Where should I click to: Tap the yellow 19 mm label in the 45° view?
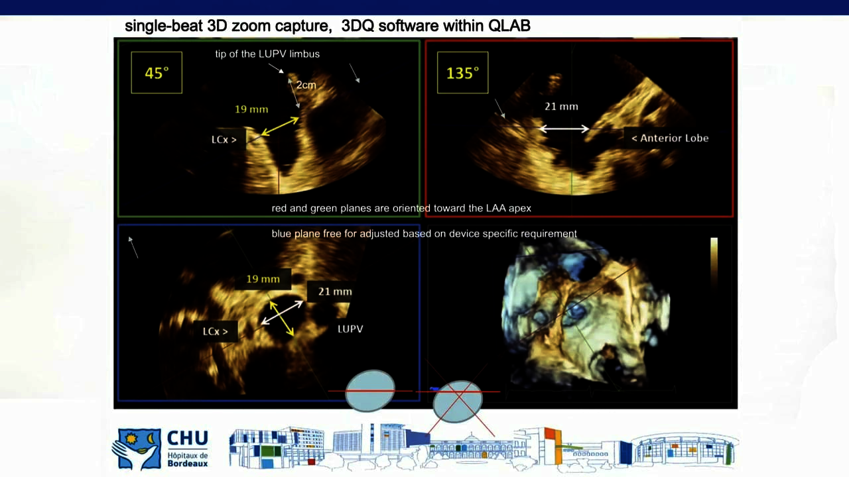coord(251,109)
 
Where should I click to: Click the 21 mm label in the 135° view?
coord(561,107)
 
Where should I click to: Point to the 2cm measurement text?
coord(306,85)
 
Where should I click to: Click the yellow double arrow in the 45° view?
coord(280,127)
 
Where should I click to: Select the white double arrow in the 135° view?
coord(564,129)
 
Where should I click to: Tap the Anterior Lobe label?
coord(670,138)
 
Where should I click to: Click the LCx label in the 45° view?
coord(224,140)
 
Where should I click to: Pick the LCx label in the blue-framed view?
coord(216,332)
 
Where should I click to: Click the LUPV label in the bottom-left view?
coord(350,329)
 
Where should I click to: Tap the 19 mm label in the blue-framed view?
coord(263,279)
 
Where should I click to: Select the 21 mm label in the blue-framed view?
coord(335,291)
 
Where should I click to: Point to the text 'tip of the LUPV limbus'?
coord(267,54)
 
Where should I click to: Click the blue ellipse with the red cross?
coord(458,401)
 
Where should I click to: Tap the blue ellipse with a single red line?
coord(370,391)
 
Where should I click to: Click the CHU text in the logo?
coord(188,439)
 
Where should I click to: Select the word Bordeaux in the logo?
coord(188,463)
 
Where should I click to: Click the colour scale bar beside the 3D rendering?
coord(714,261)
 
